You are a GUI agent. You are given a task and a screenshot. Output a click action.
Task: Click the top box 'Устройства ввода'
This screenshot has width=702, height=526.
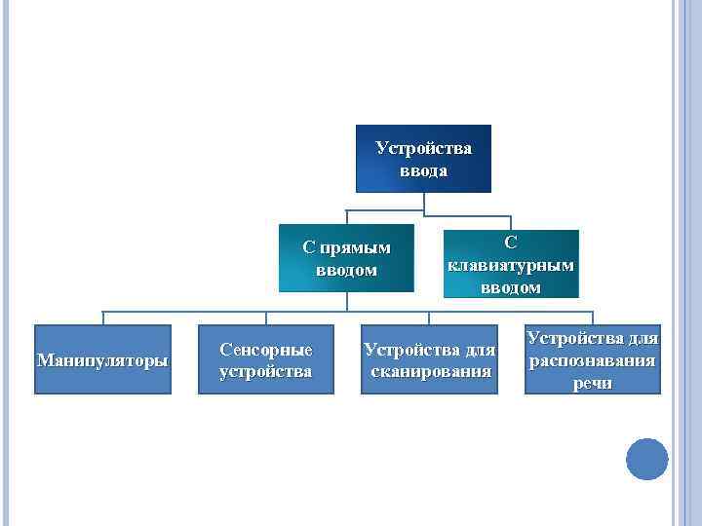coord(423,159)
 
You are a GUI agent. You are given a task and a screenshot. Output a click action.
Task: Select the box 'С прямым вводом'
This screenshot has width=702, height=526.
coord(346,258)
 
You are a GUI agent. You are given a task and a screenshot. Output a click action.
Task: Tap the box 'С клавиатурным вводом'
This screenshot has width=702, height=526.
coord(511,263)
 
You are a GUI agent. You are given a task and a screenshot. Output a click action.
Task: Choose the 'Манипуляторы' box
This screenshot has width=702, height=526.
coord(102,359)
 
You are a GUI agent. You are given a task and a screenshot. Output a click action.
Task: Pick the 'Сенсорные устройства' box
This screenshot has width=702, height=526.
coord(266,359)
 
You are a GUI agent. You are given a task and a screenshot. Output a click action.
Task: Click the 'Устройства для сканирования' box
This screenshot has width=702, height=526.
coord(429,359)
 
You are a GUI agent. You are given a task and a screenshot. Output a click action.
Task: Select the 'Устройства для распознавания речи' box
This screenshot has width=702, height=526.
coord(593,359)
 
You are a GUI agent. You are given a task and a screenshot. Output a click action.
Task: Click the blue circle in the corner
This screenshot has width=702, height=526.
coord(646,459)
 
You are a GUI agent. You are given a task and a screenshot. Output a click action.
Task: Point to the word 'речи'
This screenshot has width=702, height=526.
coord(594,383)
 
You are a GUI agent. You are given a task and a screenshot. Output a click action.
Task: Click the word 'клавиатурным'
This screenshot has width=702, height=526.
coord(511,264)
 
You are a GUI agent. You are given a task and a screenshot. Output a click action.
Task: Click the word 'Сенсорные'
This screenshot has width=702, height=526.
coord(266,349)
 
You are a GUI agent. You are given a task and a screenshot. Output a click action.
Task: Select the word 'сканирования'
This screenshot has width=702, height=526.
coord(429,372)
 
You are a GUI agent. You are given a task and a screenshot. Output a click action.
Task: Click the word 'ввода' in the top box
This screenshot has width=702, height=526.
coord(423,170)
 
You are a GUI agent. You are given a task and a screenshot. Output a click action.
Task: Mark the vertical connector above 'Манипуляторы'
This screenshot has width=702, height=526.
coord(102,318)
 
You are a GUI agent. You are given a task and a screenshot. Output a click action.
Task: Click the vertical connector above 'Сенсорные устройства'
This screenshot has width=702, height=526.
coord(266,318)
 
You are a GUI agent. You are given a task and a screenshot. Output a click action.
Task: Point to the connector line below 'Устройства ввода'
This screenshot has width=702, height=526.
coord(423,202)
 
